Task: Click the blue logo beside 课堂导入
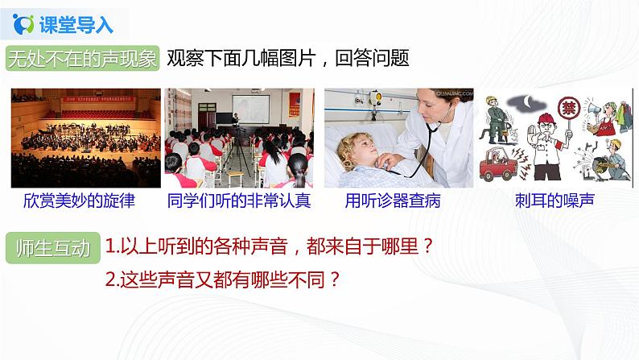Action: click(23, 24)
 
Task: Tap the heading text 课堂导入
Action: click(76, 24)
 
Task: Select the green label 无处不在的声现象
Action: click(83, 58)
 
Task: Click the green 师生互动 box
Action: click(53, 248)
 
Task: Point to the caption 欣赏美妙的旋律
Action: click(79, 201)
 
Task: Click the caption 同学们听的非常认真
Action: click(239, 201)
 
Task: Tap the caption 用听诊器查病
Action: click(393, 201)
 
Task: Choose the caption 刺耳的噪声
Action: click(554, 201)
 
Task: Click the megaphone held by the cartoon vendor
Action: click(592, 110)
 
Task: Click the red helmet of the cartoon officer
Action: click(546, 118)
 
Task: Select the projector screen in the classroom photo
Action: click(250, 109)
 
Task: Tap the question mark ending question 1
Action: click(428, 246)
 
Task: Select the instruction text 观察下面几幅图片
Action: click(241, 58)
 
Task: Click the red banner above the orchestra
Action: click(99, 99)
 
